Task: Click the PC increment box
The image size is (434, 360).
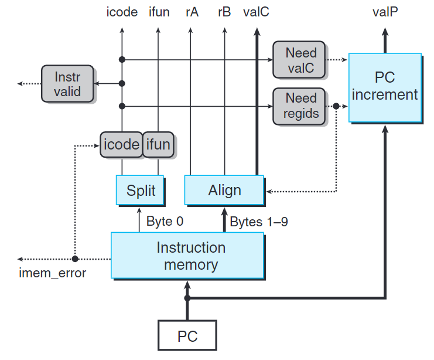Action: [x=385, y=87]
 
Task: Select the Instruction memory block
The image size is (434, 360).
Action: [x=187, y=256]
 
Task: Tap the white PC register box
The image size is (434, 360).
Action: [x=187, y=337]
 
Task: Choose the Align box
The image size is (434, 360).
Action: [x=224, y=191]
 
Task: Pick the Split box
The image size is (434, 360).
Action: [x=141, y=191]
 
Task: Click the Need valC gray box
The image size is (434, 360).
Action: [x=300, y=60]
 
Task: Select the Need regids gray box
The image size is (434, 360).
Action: [x=300, y=106]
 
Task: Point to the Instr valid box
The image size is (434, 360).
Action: [x=68, y=84]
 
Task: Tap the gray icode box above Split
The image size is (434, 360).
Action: [x=121, y=144]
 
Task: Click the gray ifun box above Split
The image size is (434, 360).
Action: [x=158, y=144]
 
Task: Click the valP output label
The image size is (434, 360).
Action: [x=385, y=12]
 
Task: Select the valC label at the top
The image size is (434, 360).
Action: [x=256, y=12]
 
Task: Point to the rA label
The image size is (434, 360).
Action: [x=192, y=12]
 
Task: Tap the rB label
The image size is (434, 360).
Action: [x=224, y=12]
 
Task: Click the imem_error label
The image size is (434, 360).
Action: [x=52, y=273]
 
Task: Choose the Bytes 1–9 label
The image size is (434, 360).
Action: [x=258, y=222]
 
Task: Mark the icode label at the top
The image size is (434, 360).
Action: [x=122, y=12]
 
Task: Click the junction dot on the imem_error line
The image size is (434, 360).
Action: [x=75, y=259]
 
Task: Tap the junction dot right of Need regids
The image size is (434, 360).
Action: [x=336, y=106]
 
